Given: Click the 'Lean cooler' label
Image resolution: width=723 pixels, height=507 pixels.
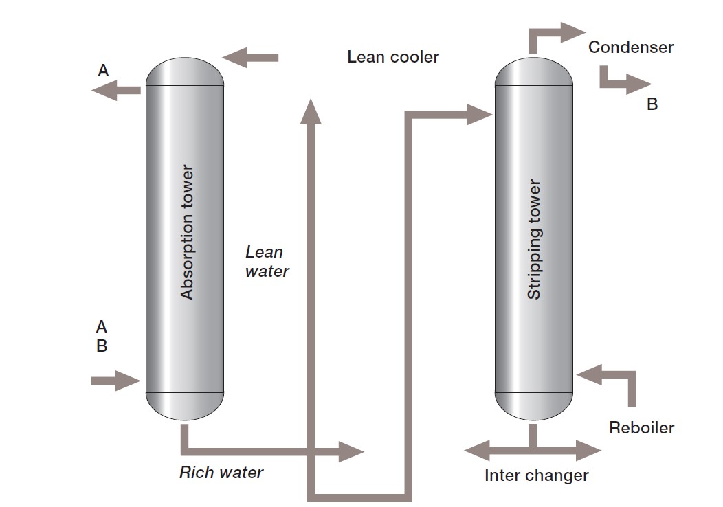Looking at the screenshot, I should click(392, 57).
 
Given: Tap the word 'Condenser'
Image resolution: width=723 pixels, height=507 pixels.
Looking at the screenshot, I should click(631, 47).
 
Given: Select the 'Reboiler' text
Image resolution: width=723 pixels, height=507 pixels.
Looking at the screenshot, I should click(641, 428).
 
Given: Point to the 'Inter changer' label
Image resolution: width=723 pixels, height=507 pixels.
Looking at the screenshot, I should click(536, 475).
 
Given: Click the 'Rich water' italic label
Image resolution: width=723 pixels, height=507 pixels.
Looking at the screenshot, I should click(221, 473).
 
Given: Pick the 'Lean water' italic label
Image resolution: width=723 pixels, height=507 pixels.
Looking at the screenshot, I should click(267, 262).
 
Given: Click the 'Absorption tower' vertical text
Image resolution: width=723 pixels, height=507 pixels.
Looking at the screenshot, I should click(187, 232).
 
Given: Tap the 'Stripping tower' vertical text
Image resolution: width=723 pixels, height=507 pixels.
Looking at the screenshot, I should click(534, 239).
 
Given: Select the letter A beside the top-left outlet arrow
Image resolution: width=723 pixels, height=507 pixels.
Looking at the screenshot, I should click(103, 70).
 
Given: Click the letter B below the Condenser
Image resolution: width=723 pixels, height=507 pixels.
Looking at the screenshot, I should click(652, 104).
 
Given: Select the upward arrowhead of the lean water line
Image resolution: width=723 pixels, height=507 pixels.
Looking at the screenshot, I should click(311, 111).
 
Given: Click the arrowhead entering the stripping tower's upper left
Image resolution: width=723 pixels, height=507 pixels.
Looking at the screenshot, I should click(480, 114).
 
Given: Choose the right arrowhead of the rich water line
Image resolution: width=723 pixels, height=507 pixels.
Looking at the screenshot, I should click(351, 451).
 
